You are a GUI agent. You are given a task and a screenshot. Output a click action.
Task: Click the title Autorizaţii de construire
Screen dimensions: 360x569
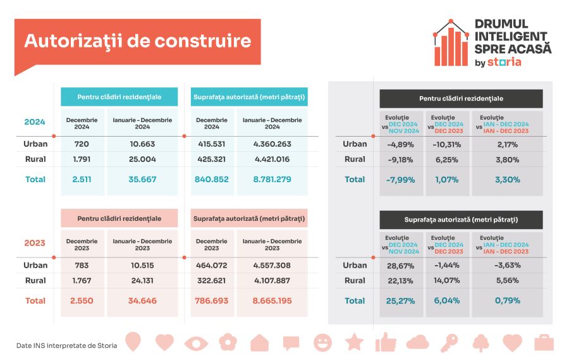coord(137,42)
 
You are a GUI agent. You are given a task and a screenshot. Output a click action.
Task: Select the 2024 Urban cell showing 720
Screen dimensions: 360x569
coord(82,144)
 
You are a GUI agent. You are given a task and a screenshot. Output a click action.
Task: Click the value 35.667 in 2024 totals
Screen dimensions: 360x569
coord(142,180)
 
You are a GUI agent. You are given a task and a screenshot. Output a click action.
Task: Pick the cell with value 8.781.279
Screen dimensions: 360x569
coord(272,180)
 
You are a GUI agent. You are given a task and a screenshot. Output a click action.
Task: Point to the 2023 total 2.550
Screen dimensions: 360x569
coord(82,301)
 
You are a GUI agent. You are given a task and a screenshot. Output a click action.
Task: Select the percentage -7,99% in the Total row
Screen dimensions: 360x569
coord(400,180)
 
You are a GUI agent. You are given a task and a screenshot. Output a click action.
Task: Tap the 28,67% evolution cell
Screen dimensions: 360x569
coord(400,266)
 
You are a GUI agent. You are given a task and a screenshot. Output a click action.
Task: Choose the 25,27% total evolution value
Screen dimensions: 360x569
coord(400,301)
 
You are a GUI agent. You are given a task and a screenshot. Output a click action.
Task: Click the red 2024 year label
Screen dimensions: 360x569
coord(35,121)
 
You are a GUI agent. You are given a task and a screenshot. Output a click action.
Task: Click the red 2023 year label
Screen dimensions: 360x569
coord(35,243)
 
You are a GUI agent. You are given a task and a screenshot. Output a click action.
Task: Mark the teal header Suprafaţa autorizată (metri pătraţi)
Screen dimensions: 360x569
coord(248,97)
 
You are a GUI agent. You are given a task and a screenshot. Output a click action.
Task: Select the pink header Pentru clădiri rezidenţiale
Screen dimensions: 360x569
coord(119,218)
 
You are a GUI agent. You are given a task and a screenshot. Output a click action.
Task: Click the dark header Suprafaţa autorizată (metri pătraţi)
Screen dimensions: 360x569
coord(461,220)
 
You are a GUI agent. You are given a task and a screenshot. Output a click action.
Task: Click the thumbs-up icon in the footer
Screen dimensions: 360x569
coord(385,343)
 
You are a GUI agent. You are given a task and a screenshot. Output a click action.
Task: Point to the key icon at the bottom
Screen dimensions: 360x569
coord(449,343)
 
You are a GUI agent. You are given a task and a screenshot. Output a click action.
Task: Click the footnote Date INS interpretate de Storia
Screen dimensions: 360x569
coord(62,345)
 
